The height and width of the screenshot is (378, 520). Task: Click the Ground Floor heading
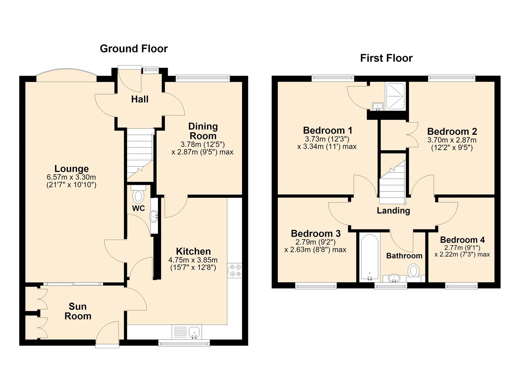coord(134,49)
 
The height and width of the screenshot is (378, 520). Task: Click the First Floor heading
coord(386,58)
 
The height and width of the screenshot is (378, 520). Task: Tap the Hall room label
coord(139,99)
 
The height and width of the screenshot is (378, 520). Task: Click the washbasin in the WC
coord(154,217)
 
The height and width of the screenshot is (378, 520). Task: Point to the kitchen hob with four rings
coord(235,271)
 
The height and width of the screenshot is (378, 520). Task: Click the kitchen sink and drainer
coord(187,332)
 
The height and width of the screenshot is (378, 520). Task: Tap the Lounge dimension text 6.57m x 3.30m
coord(71,177)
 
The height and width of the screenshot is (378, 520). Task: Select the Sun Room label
coord(78,311)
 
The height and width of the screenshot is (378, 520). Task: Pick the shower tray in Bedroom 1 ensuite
coord(395,96)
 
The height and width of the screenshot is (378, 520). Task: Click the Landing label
coord(393,211)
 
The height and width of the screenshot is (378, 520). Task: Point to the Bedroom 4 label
coord(463,240)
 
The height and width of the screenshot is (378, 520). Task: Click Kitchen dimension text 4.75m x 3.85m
coord(193,260)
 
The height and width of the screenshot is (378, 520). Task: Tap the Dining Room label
coord(203,131)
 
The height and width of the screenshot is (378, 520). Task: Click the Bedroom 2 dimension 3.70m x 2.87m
coord(452,140)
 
